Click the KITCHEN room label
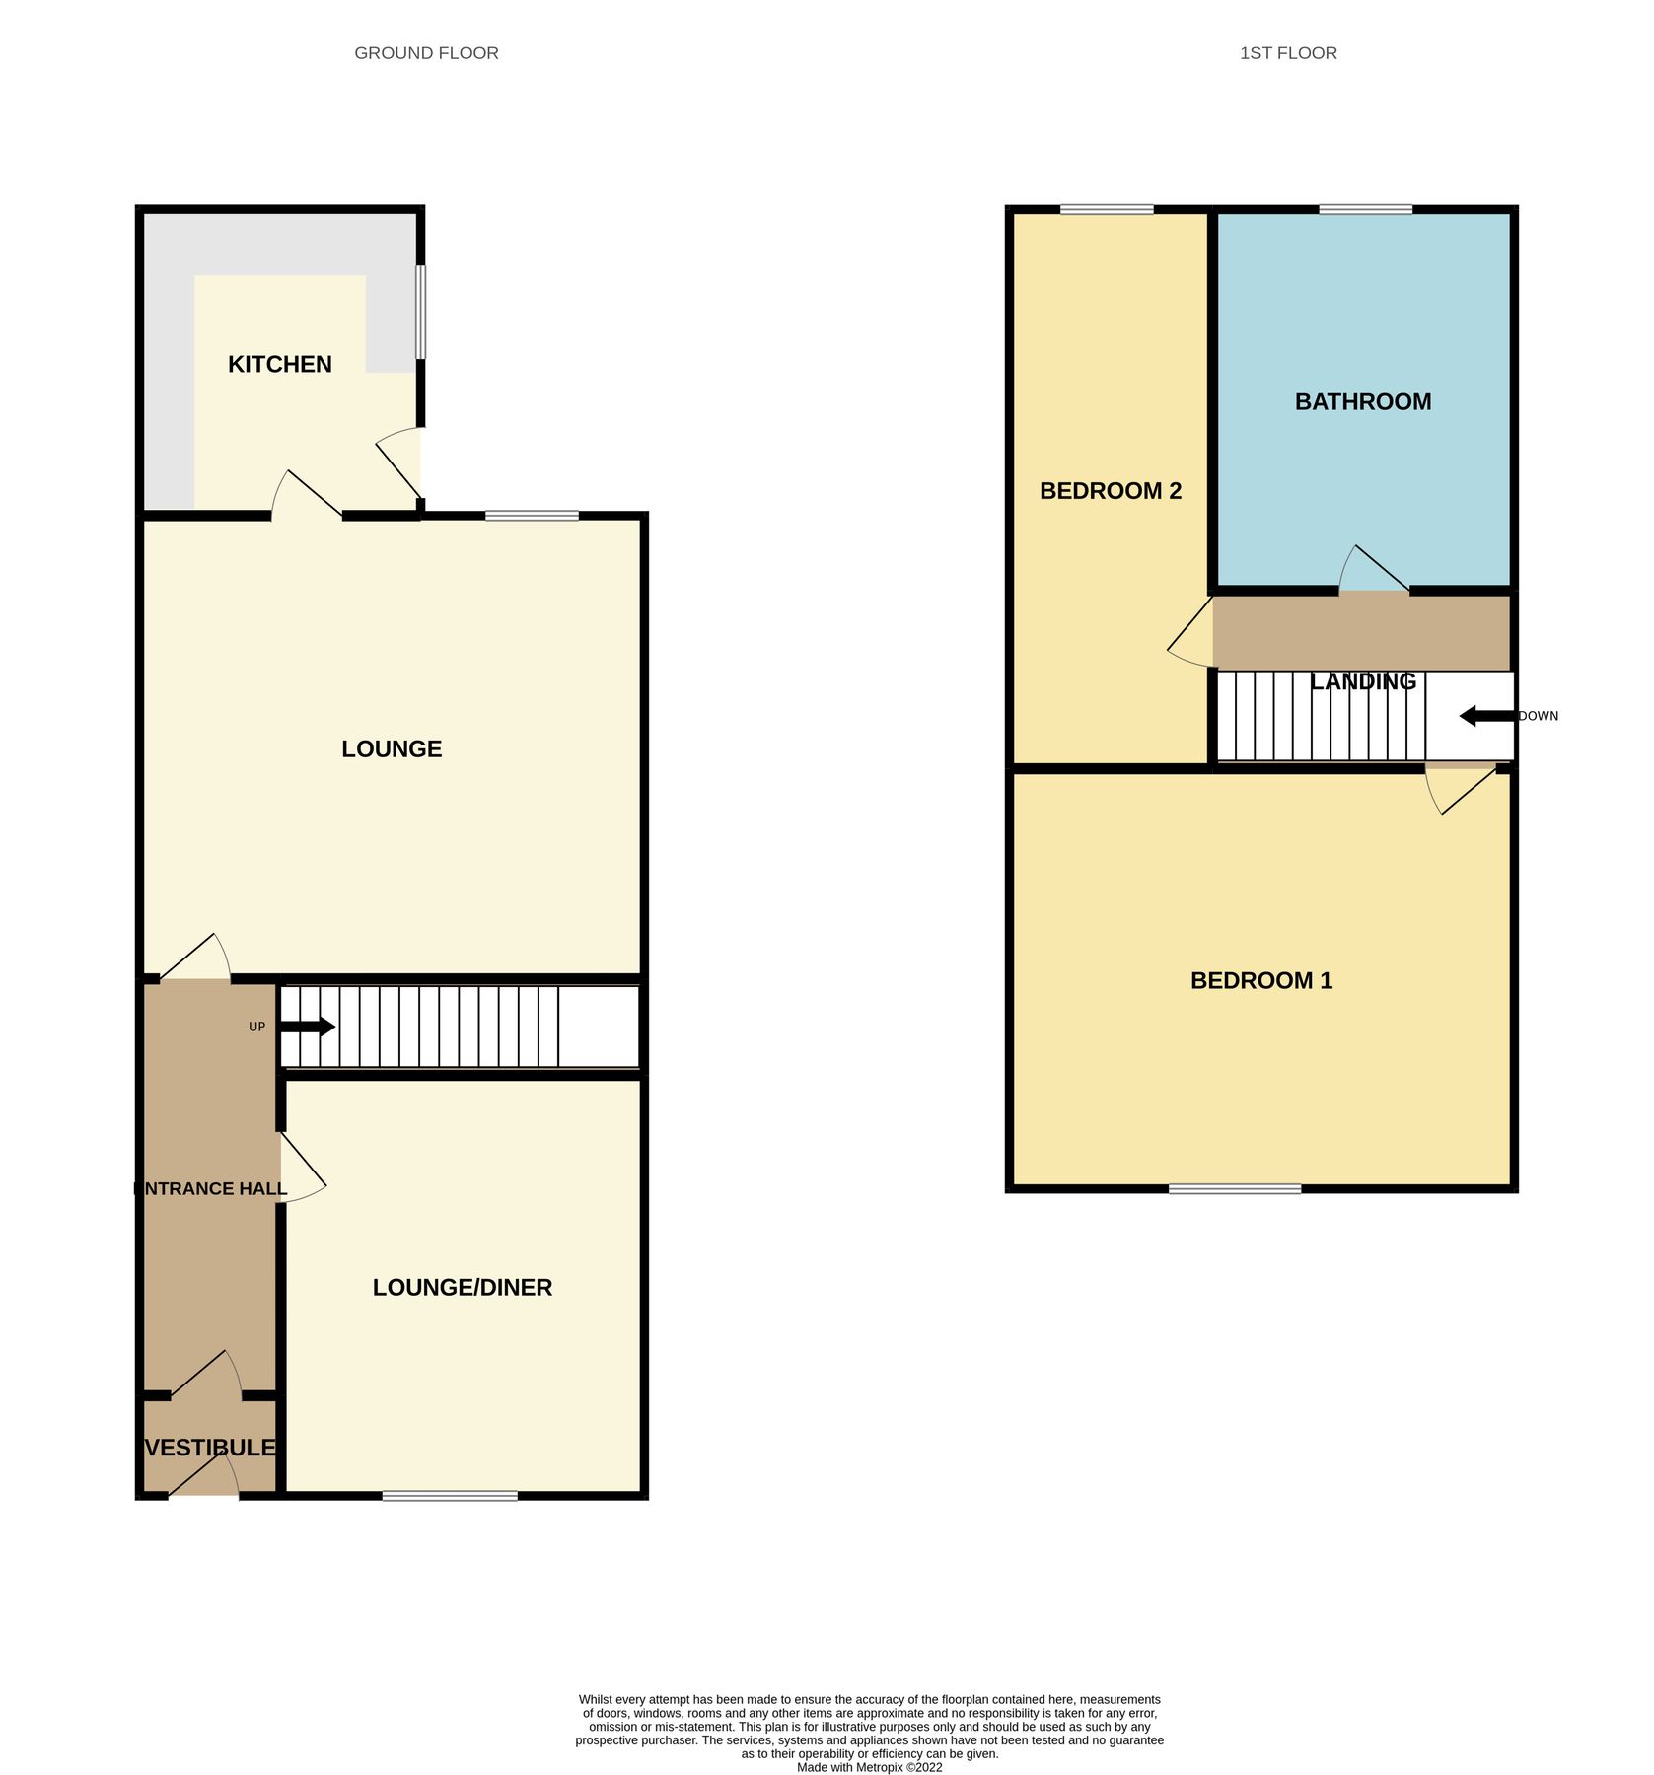point(280,365)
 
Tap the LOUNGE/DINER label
point(462,1288)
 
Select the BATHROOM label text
point(1363,402)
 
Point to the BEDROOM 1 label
point(1261,981)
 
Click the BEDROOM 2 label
point(1111,491)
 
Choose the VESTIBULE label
point(210,1448)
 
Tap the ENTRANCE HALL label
point(210,1189)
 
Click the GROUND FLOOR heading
point(426,53)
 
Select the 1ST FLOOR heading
point(1288,53)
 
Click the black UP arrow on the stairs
point(308,1028)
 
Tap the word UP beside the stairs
point(256,1028)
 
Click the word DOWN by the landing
point(1539,716)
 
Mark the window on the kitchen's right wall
point(421,312)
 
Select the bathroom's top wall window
point(1365,209)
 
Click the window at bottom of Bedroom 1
point(1235,1189)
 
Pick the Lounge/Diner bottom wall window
point(450,1496)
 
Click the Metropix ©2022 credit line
point(869,1768)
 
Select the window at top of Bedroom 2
point(1107,209)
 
